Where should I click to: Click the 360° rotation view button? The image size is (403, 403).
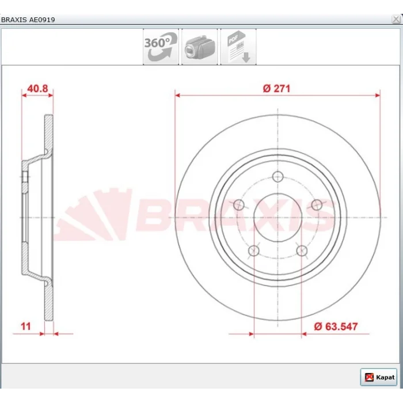tap(161, 47)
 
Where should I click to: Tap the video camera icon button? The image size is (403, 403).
tap(200, 47)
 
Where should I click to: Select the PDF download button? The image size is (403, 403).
tap(238, 47)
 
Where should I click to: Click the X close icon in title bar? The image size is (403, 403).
tap(396, 19)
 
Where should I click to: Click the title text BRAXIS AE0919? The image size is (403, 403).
tap(28, 20)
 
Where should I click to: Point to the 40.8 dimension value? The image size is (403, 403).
tap(37, 89)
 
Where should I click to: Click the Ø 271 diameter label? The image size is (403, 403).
tap(276, 89)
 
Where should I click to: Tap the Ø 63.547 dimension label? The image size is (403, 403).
tap(336, 326)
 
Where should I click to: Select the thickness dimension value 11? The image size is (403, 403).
tap(26, 326)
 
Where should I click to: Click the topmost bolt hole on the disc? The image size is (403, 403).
tap(277, 177)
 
